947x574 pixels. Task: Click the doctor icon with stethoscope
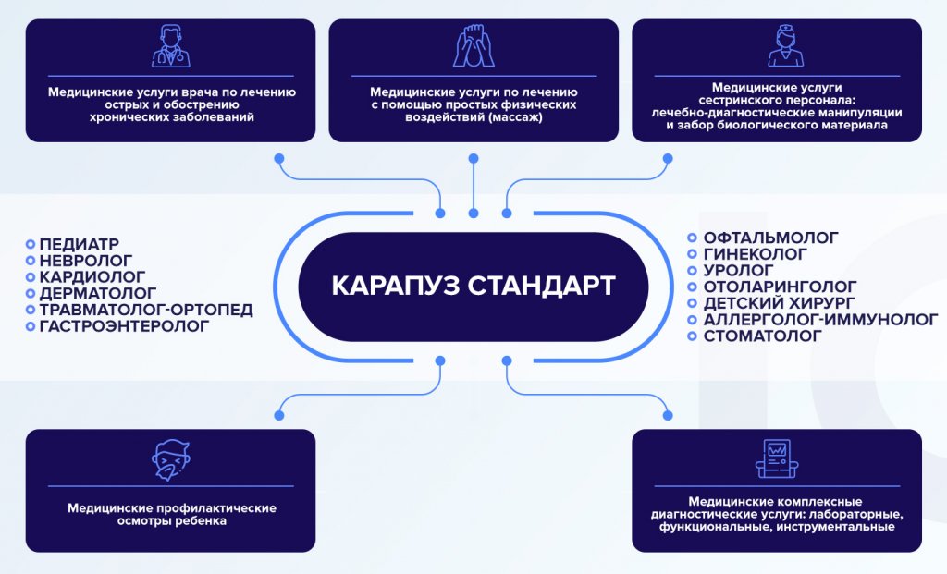coord(171,46)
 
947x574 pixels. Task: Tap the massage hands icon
coord(473,46)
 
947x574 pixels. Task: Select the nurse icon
coord(786,46)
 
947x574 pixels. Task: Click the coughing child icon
coord(171,460)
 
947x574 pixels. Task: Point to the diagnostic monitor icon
coord(777,458)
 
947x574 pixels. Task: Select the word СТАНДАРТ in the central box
coord(542,287)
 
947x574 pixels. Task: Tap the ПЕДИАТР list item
coord(80,244)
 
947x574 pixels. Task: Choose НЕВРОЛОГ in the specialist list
coord(86,261)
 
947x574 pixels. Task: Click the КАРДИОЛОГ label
coord(92,277)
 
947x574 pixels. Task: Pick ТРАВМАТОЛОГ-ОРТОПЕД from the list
coord(146,310)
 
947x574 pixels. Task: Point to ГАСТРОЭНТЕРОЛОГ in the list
coord(125,326)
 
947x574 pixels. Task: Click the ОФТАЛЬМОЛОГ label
coord(771,238)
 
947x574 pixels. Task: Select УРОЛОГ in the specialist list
coord(739,271)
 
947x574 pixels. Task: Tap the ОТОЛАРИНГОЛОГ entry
coord(781,287)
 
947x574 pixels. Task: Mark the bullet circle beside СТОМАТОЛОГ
coord(692,336)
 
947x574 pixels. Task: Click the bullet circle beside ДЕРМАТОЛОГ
coord(31,293)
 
